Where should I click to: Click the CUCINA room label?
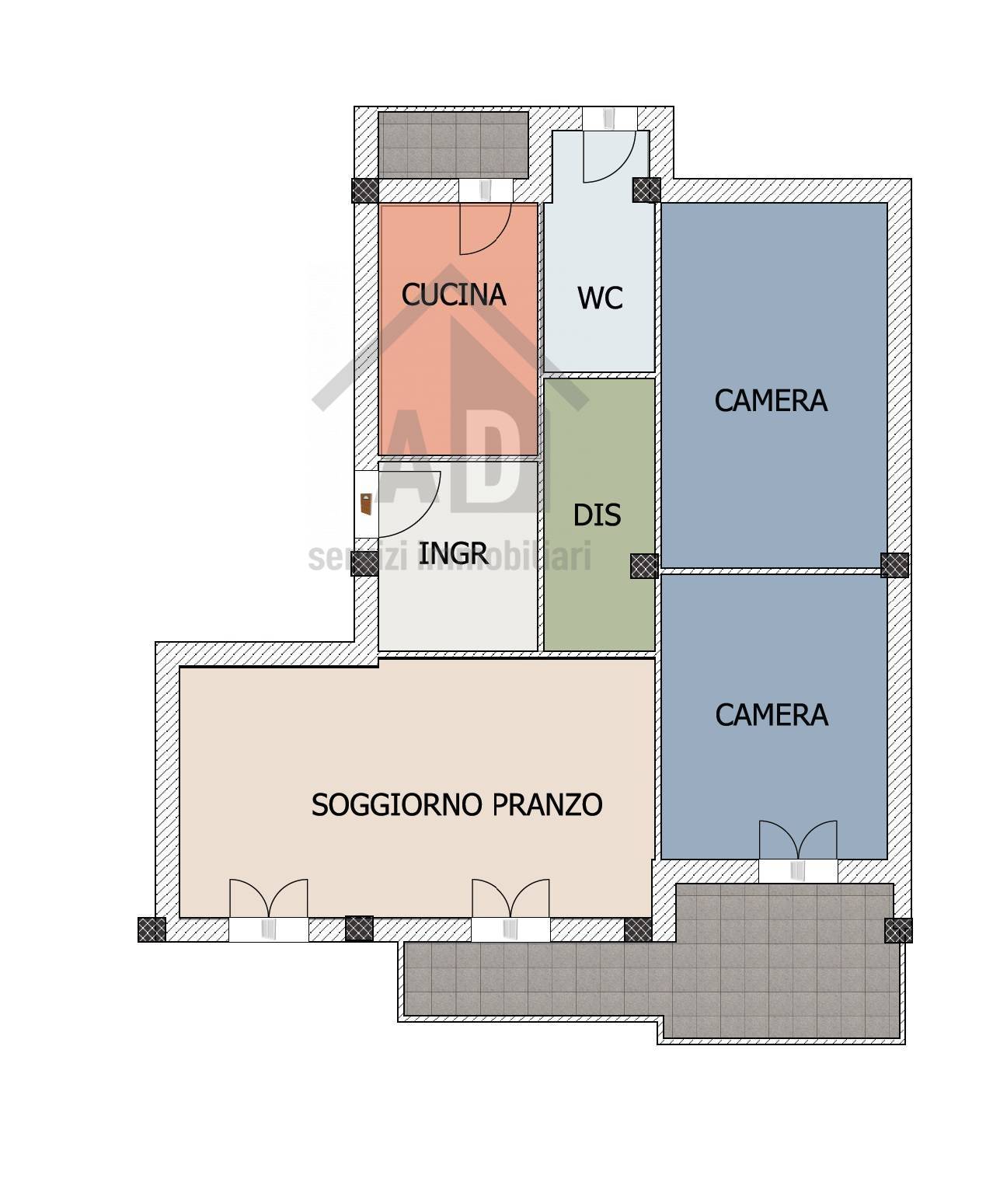point(453,295)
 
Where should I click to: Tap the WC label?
point(600,298)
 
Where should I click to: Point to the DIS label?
point(597,515)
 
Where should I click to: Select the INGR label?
point(453,553)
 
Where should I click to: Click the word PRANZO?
point(547,805)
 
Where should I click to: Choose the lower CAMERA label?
point(772,715)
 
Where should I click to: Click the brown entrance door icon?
point(366,504)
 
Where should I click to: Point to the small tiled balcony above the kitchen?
point(453,145)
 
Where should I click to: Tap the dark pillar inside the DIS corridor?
point(645,566)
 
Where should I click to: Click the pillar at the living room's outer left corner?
point(152,929)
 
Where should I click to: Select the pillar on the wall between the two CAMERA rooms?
point(894,565)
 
